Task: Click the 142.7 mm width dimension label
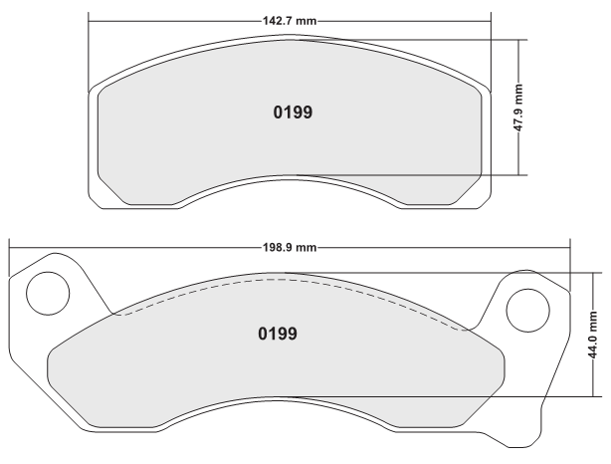pos(290,20)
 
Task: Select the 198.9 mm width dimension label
pos(290,247)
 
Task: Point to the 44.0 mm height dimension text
pos(594,334)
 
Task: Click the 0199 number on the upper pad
pos(293,112)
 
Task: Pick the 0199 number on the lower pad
pos(278,333)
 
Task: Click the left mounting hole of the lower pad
pos(45,292)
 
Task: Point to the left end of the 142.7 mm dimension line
pos(90,20)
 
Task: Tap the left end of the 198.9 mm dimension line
pos(9,247)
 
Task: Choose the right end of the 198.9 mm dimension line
pos(570,247)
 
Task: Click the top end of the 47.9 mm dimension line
pos(517,40)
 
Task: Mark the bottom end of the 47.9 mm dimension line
pos(517,174)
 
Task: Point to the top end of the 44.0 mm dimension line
pos(594,272)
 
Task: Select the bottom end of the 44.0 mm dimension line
pos(594,395)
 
